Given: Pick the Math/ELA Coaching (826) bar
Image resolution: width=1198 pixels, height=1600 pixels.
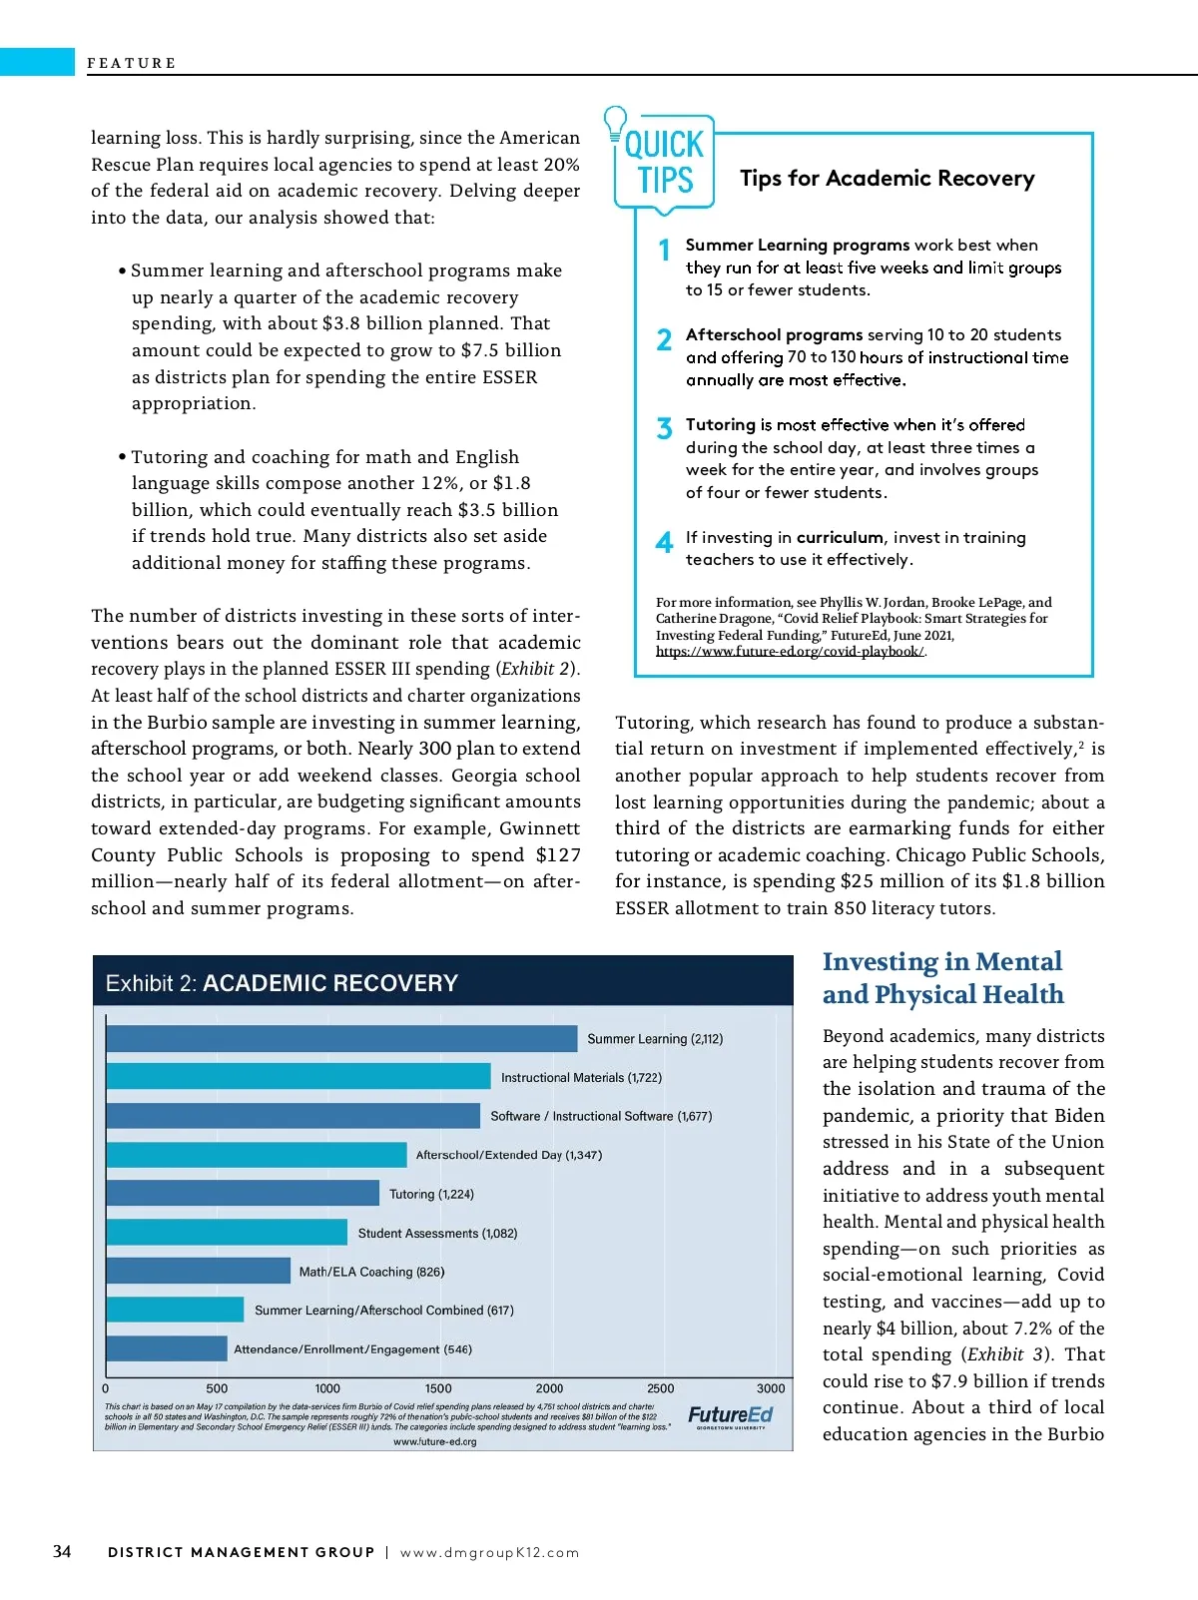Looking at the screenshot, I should pos(198,1271).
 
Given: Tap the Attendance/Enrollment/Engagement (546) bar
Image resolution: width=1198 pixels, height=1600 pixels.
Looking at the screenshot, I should pos(167,1348).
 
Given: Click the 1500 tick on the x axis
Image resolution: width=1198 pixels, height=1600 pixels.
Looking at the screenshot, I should pos(438,1388).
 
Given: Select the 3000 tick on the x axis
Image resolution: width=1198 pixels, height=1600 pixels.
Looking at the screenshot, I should pos(771,1388).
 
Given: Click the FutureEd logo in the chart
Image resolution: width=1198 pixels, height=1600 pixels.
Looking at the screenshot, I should pos(731,1416).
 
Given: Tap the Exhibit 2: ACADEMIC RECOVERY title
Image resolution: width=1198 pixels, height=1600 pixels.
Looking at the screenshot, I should pos(282,983).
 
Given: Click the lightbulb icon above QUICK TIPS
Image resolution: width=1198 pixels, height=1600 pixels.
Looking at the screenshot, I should pos(615,122).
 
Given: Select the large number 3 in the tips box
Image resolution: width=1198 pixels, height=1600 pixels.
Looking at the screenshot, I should pos(664,429).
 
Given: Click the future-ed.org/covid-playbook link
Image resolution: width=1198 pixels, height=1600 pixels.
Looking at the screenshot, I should pos(790,652).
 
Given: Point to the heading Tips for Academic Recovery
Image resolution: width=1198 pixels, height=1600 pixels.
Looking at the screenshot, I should pos(887,179).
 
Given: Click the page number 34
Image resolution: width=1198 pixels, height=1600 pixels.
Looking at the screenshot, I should pos(62,1551).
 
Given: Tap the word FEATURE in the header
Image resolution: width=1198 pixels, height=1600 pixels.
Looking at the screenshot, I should pos(131,63).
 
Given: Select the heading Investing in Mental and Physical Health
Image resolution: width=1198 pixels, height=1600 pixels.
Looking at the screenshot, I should pos(942,977).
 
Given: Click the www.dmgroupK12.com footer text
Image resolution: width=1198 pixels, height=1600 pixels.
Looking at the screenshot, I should pos(489,1552).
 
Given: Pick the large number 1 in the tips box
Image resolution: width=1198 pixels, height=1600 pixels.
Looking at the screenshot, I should pos(664,250).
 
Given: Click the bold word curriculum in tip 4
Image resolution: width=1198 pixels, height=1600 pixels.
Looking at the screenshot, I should pos(840,537).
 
